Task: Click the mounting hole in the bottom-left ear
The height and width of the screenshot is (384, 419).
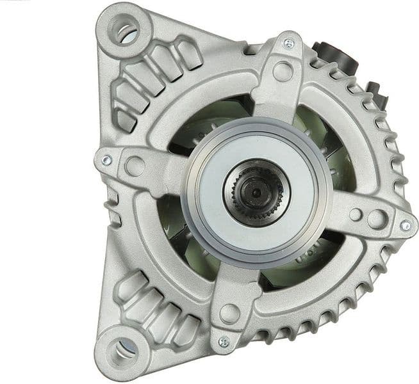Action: click(120, 351)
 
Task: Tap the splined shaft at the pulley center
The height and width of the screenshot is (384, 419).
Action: click(256, 189)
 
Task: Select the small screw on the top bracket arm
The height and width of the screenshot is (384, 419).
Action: click(289, 44)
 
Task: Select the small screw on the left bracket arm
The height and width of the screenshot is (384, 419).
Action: click(106, 159)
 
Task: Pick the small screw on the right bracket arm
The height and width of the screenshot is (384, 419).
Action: click(405, 225)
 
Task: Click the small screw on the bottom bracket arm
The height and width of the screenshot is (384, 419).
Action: click(224, 342)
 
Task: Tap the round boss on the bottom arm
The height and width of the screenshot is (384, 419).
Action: click(229, 313)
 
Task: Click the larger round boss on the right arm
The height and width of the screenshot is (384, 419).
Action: click(377, 219)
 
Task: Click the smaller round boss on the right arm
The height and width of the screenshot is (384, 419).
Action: click(354, 214)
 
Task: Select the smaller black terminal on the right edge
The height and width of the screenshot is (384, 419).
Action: click(378, 93)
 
